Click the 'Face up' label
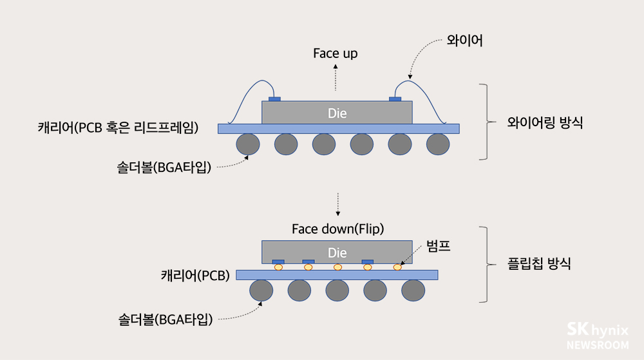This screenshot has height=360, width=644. coord(335,53)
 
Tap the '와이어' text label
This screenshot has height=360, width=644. coord(464,41)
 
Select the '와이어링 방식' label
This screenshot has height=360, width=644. coord(545,123)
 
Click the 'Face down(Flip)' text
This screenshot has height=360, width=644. coord(337,229)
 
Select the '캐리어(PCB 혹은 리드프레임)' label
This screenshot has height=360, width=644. coord(118,128)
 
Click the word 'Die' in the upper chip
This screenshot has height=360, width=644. coord(337,113)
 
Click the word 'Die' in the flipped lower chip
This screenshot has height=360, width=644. coord(337,252)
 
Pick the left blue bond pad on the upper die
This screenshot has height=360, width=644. coord(275,99)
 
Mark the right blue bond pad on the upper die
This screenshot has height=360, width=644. coord(395,99)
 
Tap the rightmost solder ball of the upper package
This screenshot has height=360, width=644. coord(438,144)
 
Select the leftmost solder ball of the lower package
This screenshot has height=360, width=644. coord(261,291)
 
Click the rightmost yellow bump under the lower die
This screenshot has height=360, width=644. coord(397,267)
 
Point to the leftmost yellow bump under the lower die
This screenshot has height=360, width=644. coord(278,267)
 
